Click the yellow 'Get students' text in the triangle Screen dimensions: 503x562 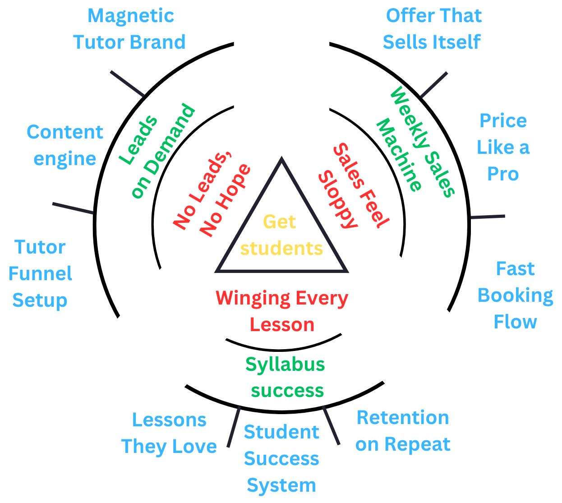[281, 235]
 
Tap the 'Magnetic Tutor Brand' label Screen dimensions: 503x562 [129, 29]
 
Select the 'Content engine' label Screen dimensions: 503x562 [65, 145]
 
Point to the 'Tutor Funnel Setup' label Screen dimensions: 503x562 [40, 273]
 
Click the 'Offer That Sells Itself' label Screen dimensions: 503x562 [433, 29]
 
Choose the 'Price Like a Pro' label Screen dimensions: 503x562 [503, 147]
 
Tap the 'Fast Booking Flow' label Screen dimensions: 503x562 [515, 295]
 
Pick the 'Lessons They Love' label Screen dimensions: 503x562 [169, 433]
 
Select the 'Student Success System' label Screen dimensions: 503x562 [281, 458]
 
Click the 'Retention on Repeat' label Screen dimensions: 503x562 [403, 431]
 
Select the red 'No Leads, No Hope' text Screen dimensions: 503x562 [211, 194]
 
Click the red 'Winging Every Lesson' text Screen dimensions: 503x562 [282, 311]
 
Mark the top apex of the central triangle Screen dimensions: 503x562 [281, 159]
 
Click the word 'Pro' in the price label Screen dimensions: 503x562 [503, 174]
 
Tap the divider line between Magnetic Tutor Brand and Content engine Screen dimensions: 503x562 [127, 84]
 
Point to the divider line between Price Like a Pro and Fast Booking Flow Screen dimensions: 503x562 [487, 217]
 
